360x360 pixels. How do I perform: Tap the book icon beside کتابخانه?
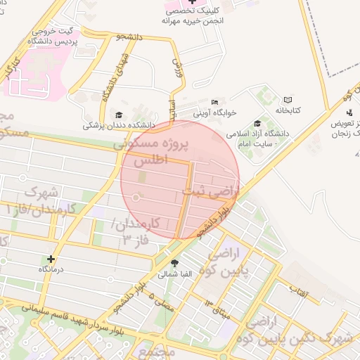pos(288,101)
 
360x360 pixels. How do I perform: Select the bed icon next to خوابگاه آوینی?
pos(214,103)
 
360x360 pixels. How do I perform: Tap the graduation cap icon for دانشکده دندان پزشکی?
pos(118,115)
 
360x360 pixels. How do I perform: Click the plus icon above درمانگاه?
pos(51,259)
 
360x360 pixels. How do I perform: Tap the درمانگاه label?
pos(52,269)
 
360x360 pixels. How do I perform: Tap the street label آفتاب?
pos(300,289)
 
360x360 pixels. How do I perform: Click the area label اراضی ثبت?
pos(211,190)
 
